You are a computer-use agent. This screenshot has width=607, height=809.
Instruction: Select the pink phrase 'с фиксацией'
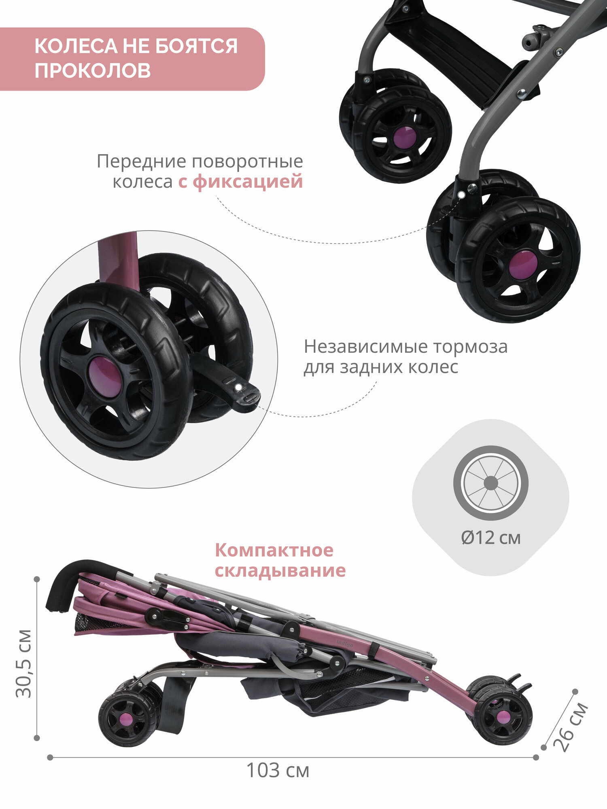tap(240, 181)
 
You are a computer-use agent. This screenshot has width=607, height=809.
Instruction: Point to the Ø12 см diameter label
tap(490, 538)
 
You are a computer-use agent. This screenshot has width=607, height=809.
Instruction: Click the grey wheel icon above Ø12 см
tap(490, 483)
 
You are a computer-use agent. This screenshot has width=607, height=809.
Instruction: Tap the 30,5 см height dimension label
tap(23, 663)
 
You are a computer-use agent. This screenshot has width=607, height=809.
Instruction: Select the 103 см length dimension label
tap(278, 771)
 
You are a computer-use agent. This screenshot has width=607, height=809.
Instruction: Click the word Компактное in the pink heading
tap(274, 550)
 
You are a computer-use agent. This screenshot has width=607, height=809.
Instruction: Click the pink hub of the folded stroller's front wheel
tap(503, 717)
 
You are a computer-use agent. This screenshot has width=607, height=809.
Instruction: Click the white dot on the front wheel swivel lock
tap(461, 195)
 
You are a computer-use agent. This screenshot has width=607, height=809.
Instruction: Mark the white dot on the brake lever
tap(238, 387)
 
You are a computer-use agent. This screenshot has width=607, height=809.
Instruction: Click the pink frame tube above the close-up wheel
tap(119, 259)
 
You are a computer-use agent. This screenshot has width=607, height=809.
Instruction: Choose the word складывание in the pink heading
tap(280, 571)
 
